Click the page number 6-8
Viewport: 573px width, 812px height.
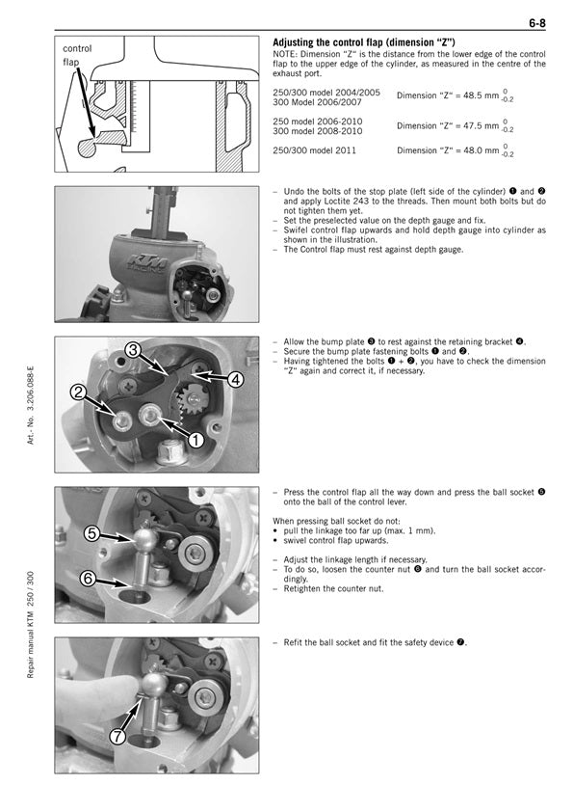click(536, 23)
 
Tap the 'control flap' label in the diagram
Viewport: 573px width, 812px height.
click(77, 55)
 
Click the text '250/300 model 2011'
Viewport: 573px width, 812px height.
click(314, 150)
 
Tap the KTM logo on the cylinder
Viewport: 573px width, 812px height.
click(147, 262)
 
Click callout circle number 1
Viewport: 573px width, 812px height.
click(195, 440)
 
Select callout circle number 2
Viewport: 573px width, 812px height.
click(79, 392)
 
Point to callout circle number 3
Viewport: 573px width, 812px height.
click(133, 350)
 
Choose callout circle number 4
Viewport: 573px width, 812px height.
click(235, 380)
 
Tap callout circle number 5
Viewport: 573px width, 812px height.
click(92, 533)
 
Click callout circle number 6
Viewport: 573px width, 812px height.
click(89, 578)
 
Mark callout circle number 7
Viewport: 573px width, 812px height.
click(118, 736)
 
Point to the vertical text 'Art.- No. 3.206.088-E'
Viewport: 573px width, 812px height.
click(31, 405)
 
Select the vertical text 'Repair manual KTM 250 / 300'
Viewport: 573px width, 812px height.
click(31, 625)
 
